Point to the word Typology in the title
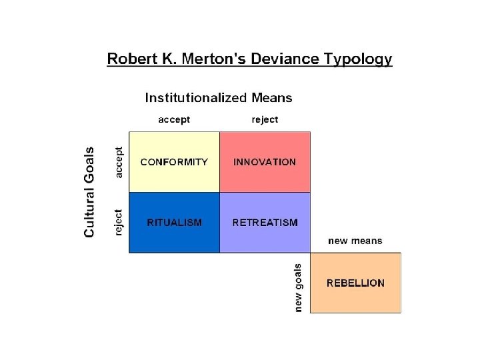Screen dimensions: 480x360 point(359,60)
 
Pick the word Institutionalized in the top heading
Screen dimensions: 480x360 point(196,97)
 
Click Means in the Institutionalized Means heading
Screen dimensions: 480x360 point(272,97)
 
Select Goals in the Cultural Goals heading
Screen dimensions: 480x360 point(89,162)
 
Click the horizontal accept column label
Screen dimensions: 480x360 point(174,119)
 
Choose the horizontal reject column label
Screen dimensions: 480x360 point(265,119)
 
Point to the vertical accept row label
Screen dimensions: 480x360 point(119,162)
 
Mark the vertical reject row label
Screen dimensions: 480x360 point(119,222)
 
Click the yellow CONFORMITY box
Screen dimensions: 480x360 point(174,162)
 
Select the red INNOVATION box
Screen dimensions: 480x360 point(265,162)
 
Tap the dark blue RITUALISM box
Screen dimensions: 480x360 point(174,223)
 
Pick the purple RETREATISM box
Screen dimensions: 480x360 point(265,223)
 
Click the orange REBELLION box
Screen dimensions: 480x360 point(355,283)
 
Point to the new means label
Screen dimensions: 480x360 point(355,241)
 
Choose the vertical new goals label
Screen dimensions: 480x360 point(298,287)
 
